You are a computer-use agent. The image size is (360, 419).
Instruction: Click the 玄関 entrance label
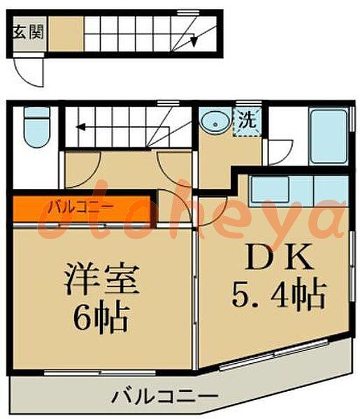point(29,33)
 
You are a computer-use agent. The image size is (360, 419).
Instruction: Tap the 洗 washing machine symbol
point(247,122)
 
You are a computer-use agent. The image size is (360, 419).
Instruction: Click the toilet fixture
point(36,127)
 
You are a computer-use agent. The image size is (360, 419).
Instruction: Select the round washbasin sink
point(215,122)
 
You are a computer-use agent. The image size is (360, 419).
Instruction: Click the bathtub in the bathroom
point(329,136)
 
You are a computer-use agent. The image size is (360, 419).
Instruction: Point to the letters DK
point(279,256)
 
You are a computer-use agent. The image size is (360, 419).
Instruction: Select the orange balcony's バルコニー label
point(80,207)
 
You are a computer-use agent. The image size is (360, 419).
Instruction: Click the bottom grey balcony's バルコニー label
point(164,395)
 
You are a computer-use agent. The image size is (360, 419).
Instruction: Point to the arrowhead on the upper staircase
point(194,40)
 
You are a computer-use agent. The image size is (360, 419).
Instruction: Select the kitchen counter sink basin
point(271,189)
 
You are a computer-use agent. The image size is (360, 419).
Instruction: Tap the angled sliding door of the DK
point(274,355)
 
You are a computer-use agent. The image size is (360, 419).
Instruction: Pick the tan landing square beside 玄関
point(66,34)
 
